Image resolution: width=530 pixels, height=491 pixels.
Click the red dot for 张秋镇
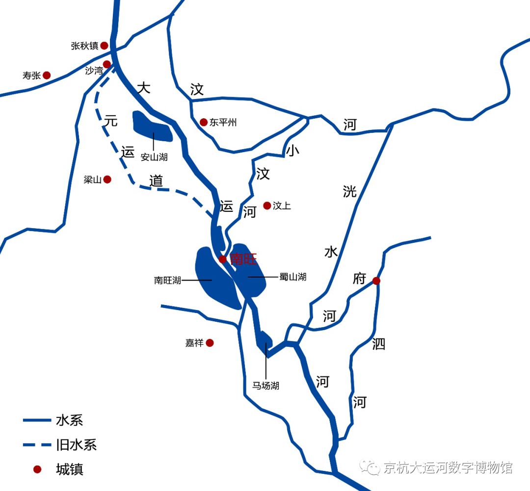(104, 46)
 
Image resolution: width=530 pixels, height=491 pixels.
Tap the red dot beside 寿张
(47, 75)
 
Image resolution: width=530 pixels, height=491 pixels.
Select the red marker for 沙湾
(106, 64)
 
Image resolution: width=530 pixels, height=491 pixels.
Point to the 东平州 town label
(223, 122)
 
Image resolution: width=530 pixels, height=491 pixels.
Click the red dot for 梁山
(107, 180)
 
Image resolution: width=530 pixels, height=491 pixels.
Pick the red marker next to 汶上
(267, 206)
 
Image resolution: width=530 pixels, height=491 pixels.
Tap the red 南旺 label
(243, 259)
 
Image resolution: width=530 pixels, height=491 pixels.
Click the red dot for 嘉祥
(210, 343)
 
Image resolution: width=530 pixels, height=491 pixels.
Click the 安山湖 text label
(154, 157)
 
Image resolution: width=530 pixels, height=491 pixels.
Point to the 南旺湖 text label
(167, 281)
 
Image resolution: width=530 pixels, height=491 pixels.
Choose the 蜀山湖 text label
(292, 277)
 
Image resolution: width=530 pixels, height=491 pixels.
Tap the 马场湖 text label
(265, 386)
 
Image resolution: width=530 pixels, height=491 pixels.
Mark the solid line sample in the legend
(37, 420)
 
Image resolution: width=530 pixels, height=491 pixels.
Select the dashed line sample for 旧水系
(37, 445)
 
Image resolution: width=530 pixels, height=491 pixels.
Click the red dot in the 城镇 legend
(37, 469)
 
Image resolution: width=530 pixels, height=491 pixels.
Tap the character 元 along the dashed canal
(111, 121)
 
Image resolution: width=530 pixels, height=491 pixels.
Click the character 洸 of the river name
(350, 191)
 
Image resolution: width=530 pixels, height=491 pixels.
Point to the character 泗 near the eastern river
(378, 344)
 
